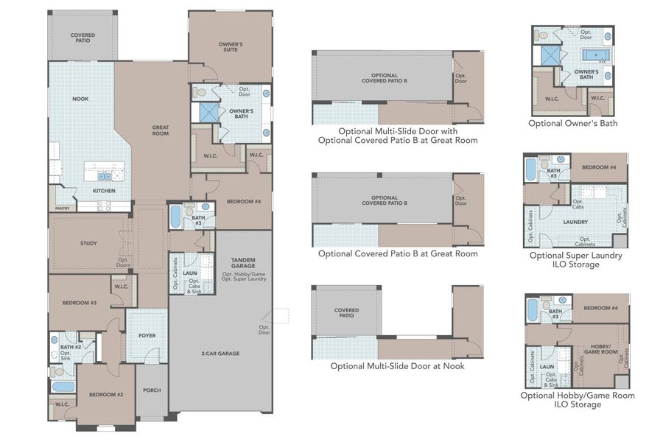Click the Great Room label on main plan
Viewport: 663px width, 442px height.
(161, 130)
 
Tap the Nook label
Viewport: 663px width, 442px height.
(80, 98)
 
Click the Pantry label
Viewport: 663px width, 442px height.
(62, 208)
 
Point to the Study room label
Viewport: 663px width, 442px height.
(89, 242)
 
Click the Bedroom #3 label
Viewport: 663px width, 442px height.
(79, 303)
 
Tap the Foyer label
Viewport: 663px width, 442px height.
(147, 335)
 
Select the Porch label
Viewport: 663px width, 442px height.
(152, 390)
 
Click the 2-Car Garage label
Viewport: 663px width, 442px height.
(220, 354)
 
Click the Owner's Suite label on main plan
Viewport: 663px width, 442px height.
(231, 48)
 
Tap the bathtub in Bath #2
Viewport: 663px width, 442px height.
(63, 386)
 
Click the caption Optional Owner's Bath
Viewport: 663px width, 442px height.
(572, 123)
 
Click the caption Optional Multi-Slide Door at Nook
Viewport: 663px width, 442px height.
(397, 365)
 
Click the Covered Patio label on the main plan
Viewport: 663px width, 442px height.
(83, 38)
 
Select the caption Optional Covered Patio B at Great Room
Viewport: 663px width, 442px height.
(398, 253)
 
